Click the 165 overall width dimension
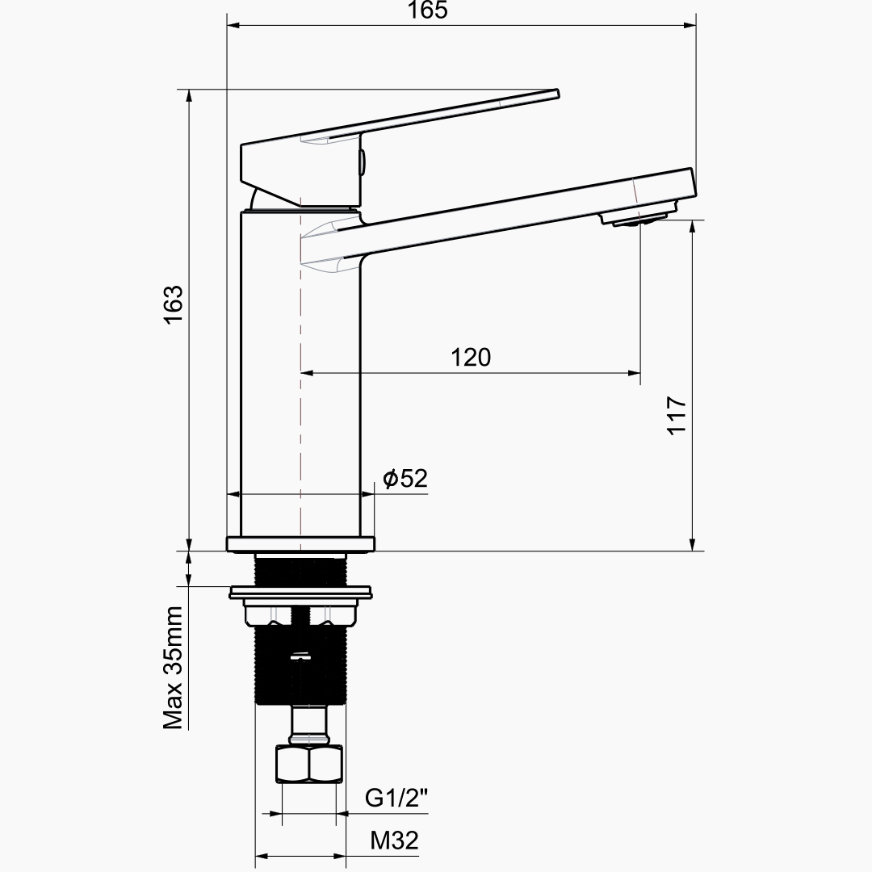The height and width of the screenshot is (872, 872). (428, 10)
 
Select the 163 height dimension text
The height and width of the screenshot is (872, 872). (174, 304)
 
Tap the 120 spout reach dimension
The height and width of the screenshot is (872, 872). (471, 357)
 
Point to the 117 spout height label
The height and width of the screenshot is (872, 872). (677, 416)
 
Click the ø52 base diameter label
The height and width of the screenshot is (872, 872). (405, 478)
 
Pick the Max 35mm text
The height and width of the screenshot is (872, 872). (173, 668)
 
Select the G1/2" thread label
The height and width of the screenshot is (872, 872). (396, 798)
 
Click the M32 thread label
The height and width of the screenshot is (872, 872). (394, 841)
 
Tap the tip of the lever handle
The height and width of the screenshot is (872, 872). (558, 94)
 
